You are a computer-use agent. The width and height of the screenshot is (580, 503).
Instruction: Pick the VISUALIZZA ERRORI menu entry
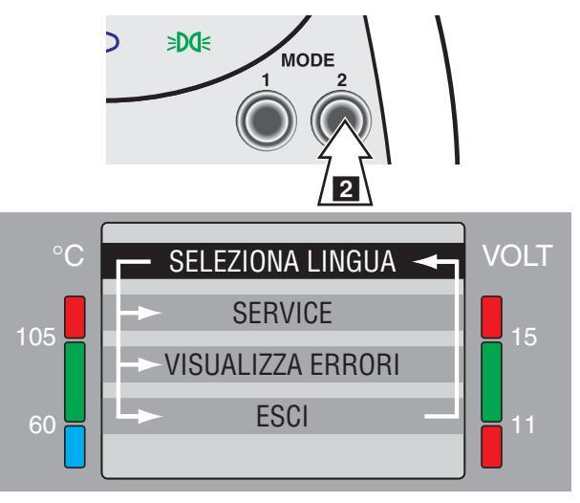[283, 364]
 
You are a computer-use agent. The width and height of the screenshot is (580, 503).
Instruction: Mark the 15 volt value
[525, 338]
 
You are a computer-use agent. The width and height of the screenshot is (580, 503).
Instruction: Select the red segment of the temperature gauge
[75, 317]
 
